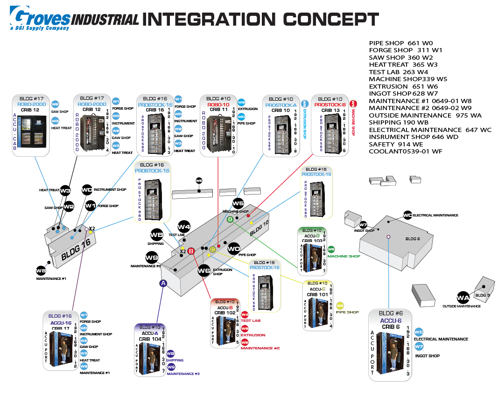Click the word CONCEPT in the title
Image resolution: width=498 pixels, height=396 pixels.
(331, 19)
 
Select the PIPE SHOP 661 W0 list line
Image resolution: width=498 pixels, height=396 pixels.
(401, 43)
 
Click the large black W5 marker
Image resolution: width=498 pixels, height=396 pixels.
(238, 203)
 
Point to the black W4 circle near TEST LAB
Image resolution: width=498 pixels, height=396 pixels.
(184, 227)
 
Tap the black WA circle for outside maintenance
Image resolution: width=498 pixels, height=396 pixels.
(463, 297)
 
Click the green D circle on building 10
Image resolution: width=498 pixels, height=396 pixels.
(230, 219)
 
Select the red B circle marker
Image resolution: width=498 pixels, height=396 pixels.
(190, 251)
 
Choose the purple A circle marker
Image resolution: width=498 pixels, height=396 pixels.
(163, 283)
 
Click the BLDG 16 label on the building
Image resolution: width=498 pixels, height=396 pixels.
(76, 250)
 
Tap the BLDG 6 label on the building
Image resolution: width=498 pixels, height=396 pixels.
(410, 239)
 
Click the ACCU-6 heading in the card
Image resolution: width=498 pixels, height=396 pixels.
(391, 320)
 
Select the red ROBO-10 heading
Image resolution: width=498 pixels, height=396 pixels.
(218, 105)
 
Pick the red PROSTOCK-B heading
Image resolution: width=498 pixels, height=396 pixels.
(330, 105)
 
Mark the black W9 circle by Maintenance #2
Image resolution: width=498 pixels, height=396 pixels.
(152, 257)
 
